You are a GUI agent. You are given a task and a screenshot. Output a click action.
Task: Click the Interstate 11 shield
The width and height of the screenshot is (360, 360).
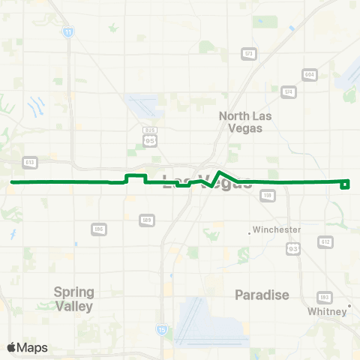pos(68,32)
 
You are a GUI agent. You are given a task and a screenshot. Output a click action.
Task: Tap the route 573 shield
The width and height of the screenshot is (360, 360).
pos(248,53)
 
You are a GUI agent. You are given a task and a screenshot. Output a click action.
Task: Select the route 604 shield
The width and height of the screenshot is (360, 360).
pos(308,75)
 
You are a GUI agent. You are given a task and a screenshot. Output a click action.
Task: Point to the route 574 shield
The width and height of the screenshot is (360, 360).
pos(287,91)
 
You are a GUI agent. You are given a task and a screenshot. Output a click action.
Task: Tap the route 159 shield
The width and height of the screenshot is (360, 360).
pos(266,195)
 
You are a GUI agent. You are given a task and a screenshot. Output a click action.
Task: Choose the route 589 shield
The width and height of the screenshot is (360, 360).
pos(147,220)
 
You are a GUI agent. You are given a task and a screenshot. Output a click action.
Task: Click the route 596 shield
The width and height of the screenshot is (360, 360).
pos(97,228)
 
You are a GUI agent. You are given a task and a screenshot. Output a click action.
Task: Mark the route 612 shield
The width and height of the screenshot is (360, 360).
pos(325,241)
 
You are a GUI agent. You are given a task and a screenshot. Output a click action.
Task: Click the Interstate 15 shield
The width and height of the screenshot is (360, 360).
pos(161,329)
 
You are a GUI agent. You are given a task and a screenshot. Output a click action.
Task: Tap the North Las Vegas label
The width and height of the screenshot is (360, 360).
pos(245,121)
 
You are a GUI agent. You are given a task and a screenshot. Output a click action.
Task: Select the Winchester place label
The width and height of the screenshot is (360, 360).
pos(277,229)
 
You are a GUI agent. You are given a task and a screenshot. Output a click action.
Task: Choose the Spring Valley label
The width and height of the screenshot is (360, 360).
pos(73,299)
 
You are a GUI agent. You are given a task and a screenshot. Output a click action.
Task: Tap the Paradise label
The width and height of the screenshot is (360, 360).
pos(262,295)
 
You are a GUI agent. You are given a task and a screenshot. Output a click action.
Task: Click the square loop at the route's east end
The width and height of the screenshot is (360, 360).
pos(345,184)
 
